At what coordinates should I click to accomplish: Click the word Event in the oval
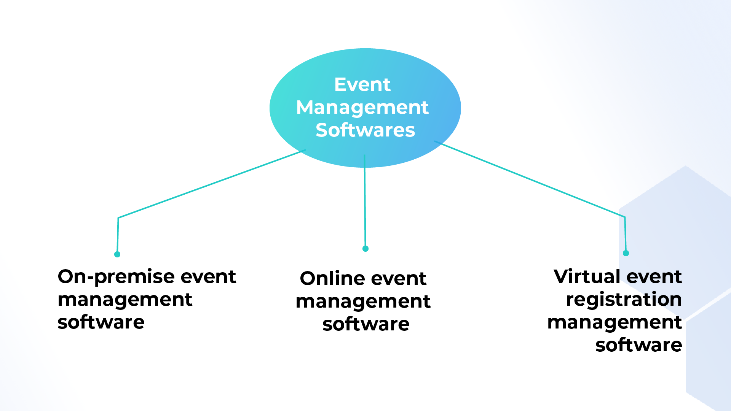point(362,84)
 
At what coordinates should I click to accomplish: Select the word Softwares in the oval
point(365,130)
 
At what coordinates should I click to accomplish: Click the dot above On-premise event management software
point(117,254)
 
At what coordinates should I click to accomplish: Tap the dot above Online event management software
point(365,249)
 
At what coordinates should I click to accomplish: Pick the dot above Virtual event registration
point(626,253)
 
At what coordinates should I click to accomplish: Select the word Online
point(332,278)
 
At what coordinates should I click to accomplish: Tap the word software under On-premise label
point(101,322)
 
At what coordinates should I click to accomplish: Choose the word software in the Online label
point(366,324)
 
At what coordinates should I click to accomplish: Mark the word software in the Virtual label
point(638,345)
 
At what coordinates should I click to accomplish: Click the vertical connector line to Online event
point(365,202)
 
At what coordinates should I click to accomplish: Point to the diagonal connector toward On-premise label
point(212,184)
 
